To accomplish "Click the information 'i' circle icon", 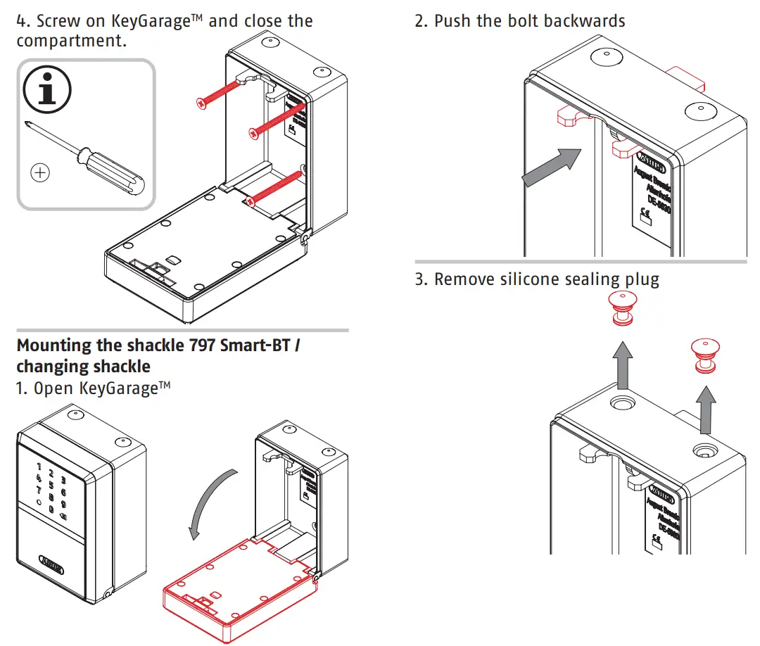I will [x=47, y=89].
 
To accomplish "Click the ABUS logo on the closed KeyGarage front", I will [x=51, y=565].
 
